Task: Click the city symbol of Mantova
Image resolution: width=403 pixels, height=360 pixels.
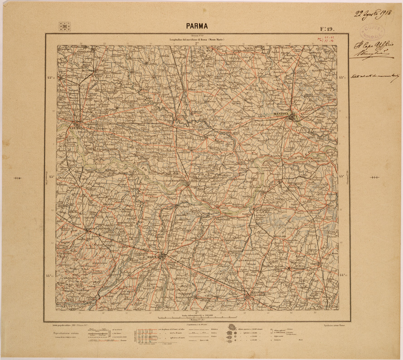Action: [x=292, y=117]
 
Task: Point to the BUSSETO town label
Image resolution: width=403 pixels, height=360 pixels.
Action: [x=74, y=187]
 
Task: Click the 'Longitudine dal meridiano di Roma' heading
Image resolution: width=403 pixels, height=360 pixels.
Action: [x=196, y=41]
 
